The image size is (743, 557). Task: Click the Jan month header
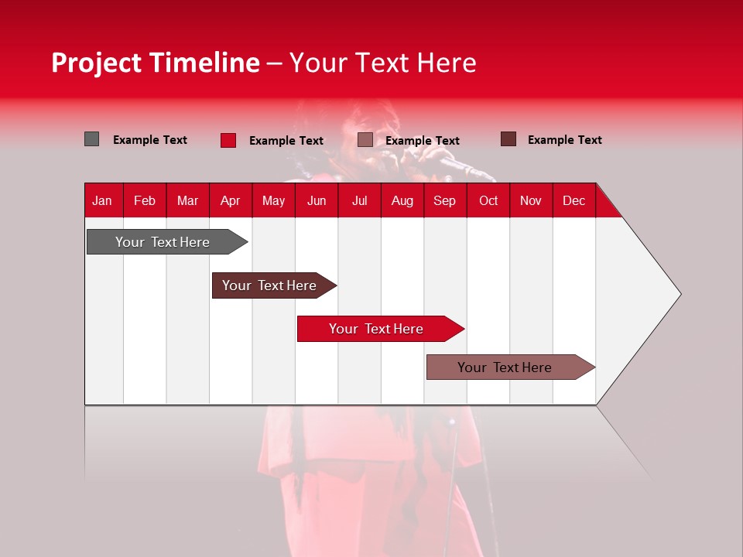point(102,200)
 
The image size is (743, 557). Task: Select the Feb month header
point(145,200)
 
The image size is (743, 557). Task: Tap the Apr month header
point(230,200)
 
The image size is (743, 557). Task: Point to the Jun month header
point(317,200)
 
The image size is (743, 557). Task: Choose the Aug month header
point(402,200)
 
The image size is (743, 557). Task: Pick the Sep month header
point(444,200)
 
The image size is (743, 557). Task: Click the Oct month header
point(488,200)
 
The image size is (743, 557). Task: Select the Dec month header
point(574,200)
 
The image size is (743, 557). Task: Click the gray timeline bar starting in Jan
point(163,242)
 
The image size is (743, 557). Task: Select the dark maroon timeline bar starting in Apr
point(269,285)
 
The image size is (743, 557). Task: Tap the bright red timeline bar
point(376,329)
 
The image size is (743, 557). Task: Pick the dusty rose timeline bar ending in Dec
point(505,367)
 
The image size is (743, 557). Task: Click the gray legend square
point(92,139)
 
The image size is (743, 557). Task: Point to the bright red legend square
point(228,140)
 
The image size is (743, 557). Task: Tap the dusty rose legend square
point(365,139)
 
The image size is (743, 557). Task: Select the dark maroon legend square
point(508,139)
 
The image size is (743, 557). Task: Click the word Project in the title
point(96,63)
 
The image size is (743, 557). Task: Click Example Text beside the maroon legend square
point(564,140)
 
